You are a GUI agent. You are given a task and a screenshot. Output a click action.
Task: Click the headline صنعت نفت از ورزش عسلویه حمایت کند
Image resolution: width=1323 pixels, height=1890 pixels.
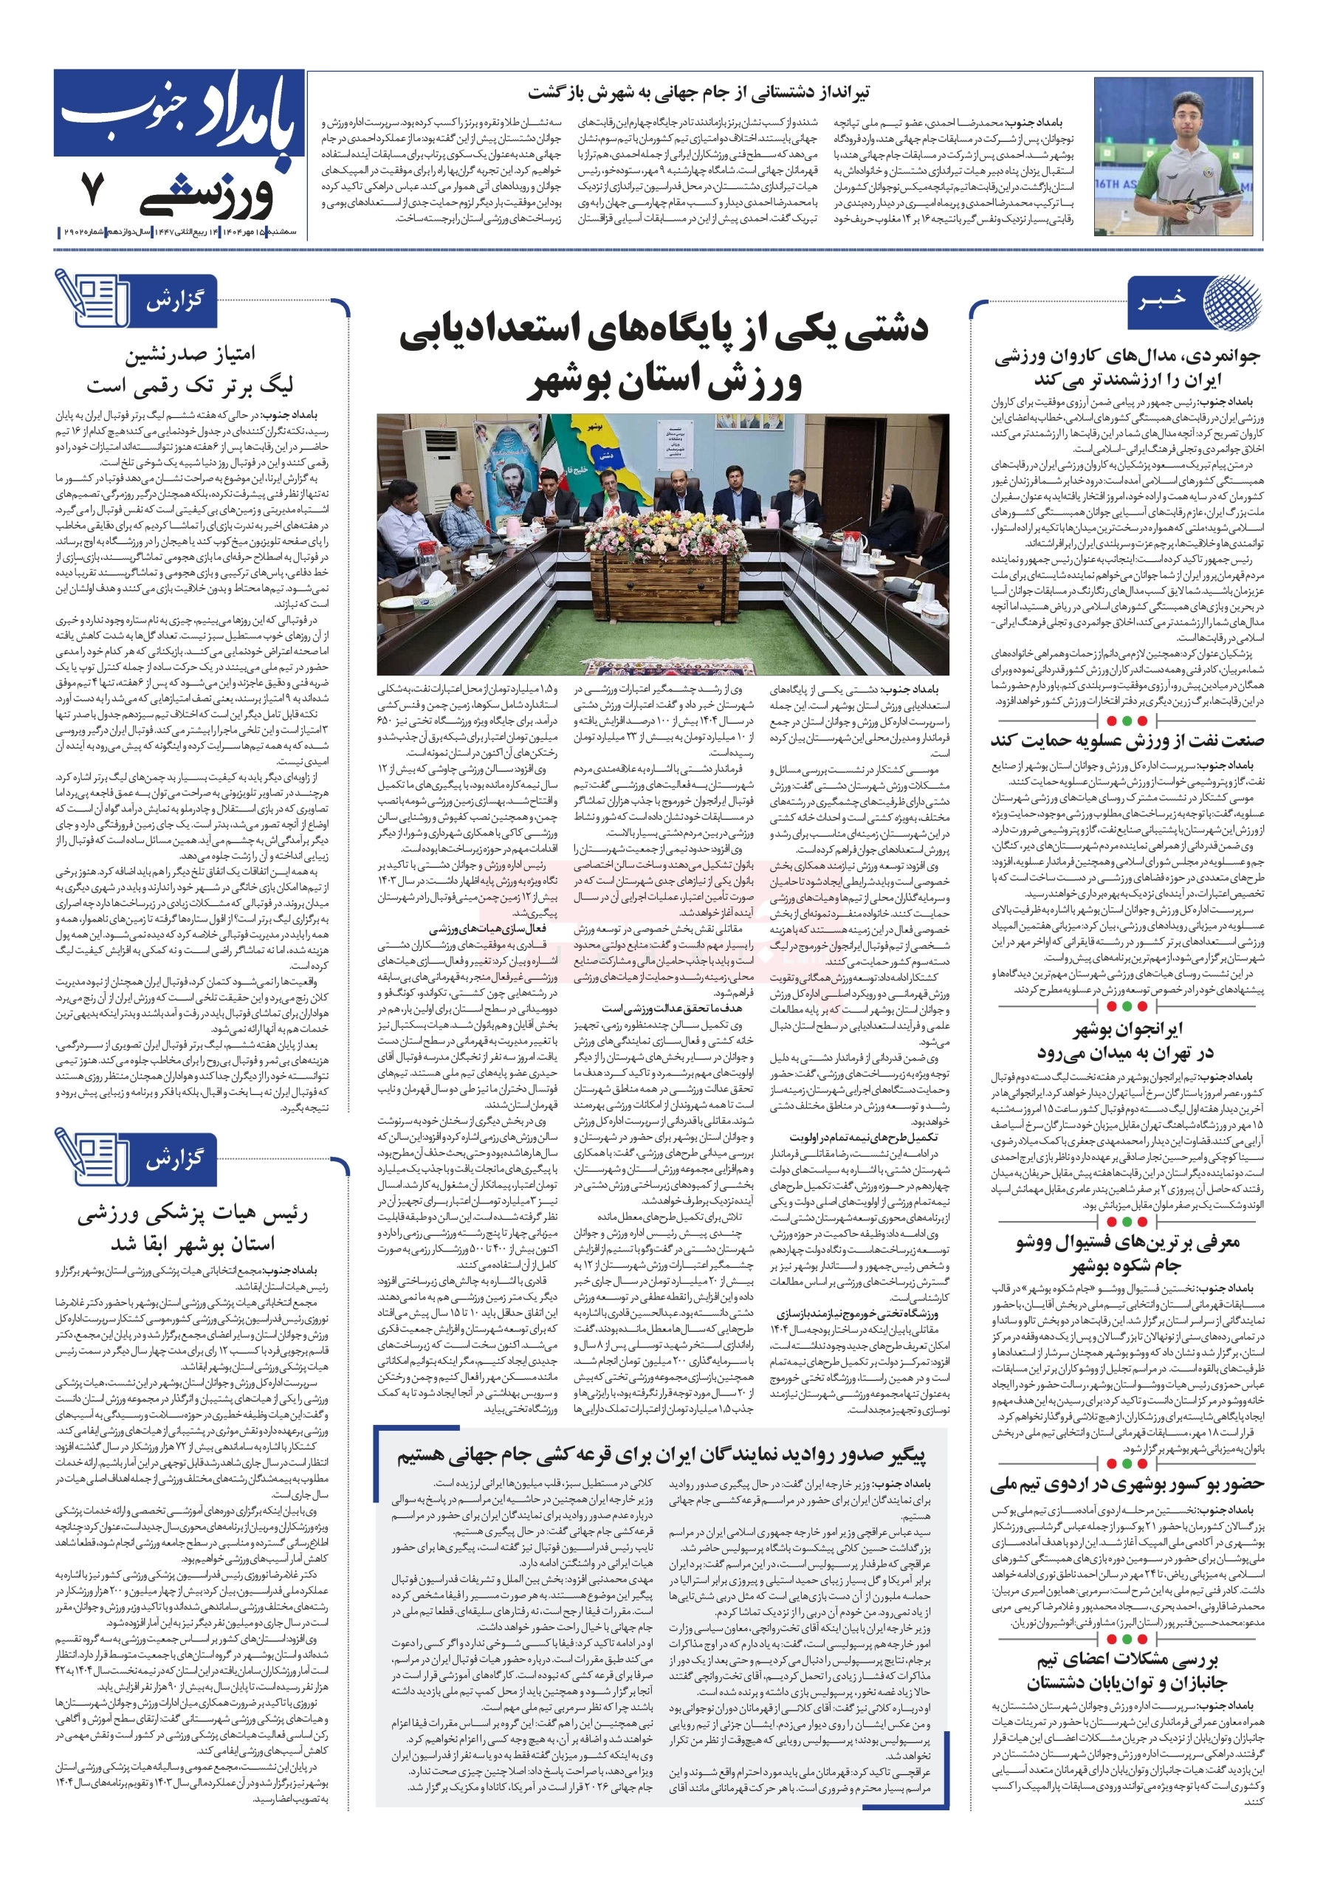tap(1126, 740)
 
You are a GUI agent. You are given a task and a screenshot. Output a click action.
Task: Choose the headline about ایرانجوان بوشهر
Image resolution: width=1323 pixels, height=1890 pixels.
tap(1125, 1040)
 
